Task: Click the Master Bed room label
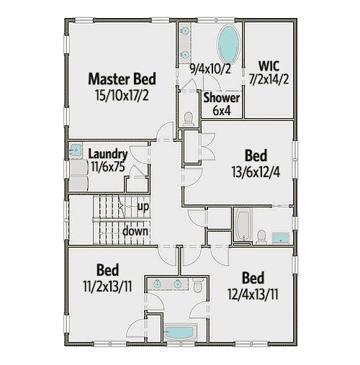122,78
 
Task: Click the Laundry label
108,154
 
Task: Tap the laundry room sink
75,152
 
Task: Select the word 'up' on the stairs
143,206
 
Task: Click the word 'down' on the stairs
135,231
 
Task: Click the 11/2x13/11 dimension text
107,285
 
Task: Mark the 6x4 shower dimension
221,112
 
